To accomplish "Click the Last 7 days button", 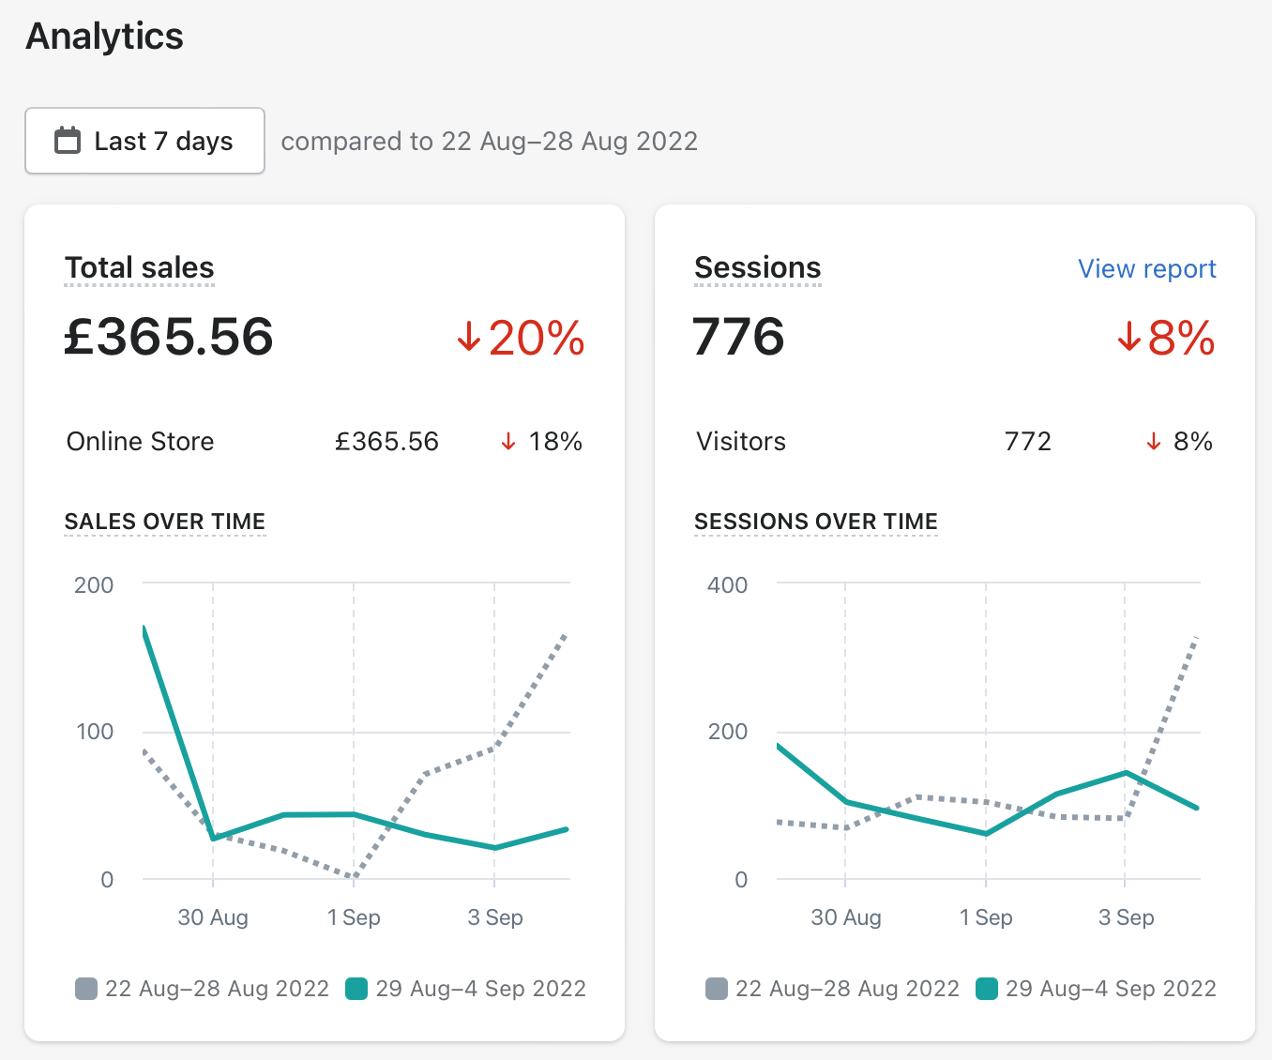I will tap(144, 141).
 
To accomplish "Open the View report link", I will tap(1146, 269).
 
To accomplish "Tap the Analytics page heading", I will tap(105, 37).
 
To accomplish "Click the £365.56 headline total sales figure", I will tap(169, 337).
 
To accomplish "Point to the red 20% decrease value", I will tap(536, 339).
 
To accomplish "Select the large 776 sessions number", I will tap(738, 337).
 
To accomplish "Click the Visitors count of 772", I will tap(1027, 441).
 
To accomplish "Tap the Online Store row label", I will tap(140, 441).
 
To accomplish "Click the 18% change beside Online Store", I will tap(554, 441).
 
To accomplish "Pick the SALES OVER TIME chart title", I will tap(165, 522).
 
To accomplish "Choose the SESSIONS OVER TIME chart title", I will tap(815, 522).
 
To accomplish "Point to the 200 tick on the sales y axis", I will tap(94, 585).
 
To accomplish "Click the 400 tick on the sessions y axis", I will tap(727, 585).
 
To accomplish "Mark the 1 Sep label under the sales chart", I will tap(354, 917).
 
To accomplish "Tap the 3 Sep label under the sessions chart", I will tap(1126, 917).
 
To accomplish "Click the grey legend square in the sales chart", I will tap(86, 989).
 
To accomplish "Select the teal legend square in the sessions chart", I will tap(987, 989).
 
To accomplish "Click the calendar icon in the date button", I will tap(68, 141).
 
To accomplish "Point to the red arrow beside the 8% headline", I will tap(1128, 337).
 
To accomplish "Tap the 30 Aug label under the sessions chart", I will tap(846, 917).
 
